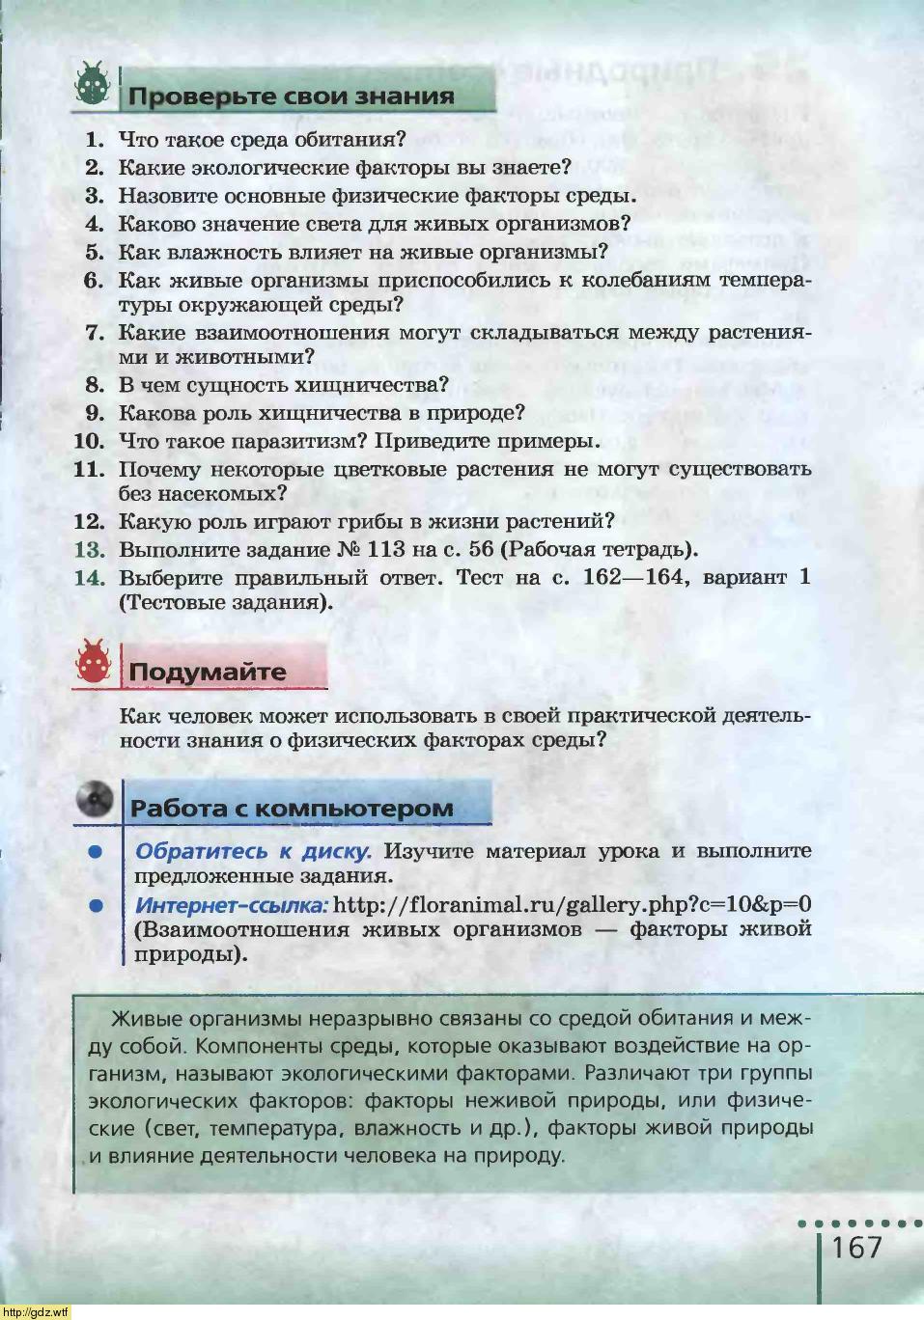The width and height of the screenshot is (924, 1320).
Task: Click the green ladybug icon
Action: point(94,85)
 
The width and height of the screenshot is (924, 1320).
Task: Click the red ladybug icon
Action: point(94,662)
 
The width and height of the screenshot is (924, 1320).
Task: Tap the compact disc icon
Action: point(94,799)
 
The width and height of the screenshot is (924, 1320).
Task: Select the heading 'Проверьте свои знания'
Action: point(291,96)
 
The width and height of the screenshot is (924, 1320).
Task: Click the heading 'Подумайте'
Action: point(208,672)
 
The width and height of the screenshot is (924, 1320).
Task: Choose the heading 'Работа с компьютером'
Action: point(292,809)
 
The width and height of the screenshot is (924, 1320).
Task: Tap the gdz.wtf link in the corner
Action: point(36,1311)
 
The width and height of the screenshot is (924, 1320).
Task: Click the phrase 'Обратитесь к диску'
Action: point(253,852)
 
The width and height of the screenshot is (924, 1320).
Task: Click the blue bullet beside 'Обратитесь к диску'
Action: point(95,852)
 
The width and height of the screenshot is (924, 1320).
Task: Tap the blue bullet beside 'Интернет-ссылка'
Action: point(95,905)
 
